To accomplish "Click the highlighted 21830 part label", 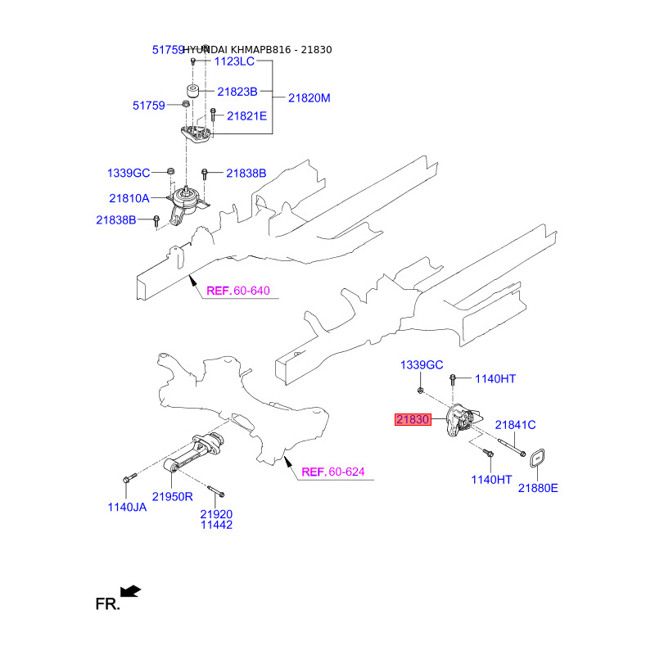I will [413, 420].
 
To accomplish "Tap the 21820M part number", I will [309, 98].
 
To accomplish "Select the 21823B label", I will [237, 91].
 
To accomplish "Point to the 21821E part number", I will [246, 116].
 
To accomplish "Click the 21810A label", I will [129, 198].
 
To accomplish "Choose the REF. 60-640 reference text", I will [237, 291].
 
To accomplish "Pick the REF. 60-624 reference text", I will [332, 472].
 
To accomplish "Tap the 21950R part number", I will [172, 496].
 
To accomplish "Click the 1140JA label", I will [127, 507].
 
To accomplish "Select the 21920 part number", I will [217, 514].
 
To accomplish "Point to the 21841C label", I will [515, 424].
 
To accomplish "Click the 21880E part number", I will [537, 488].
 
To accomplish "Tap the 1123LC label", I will [235, 61].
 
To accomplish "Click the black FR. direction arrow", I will [129, 590].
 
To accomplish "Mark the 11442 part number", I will [217, 525].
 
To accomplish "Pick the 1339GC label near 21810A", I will [129, 173].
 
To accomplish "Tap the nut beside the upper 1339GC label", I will [169, 170].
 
